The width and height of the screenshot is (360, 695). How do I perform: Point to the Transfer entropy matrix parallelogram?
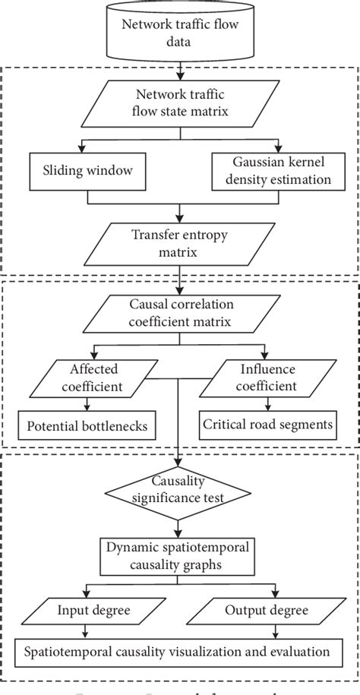[x=180, y=241]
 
